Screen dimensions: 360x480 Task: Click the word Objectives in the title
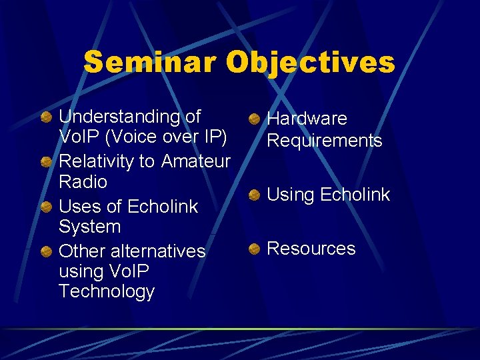coord(310,63)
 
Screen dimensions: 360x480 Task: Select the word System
coord(89,227)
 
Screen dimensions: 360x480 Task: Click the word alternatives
coord(158,251)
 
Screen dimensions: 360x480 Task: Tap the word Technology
coord(107,291)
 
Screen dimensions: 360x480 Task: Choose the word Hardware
coord(307,119)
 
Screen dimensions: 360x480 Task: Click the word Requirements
coord(324,141)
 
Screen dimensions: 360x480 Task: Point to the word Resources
coord(311,249)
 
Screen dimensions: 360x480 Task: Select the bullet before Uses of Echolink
coord(45,207)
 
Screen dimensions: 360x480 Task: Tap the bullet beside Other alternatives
coord(45,252)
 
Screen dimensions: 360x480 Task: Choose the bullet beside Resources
coord(254,249)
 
